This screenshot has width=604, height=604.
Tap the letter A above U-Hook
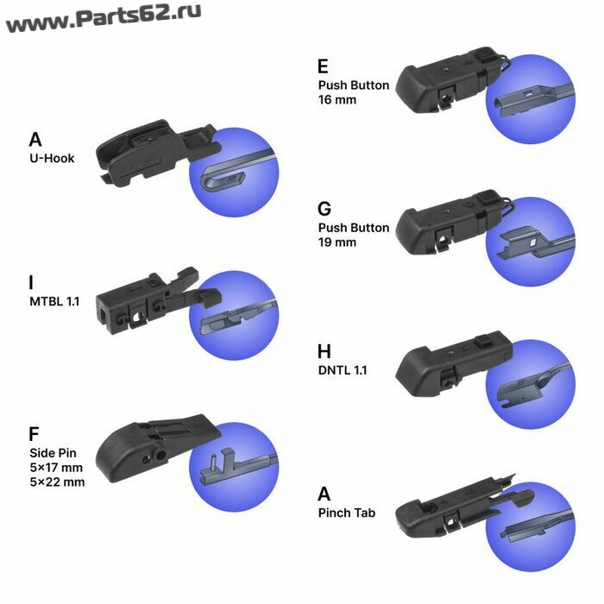35,140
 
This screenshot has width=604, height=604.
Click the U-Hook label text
52,158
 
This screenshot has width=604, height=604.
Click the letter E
323,66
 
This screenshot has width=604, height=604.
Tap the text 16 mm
337,100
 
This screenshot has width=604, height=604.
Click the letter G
324,209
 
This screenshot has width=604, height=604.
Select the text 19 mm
337,242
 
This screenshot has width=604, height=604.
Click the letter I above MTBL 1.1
31,282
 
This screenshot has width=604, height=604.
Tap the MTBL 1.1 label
54,301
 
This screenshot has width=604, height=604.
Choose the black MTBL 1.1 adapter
157,300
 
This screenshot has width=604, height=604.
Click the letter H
324,351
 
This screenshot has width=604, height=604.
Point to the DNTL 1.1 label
343,370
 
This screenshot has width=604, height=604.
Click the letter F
34,434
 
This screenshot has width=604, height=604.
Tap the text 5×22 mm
57,481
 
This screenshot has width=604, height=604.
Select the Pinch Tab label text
347,513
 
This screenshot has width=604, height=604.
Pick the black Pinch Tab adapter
462,508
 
